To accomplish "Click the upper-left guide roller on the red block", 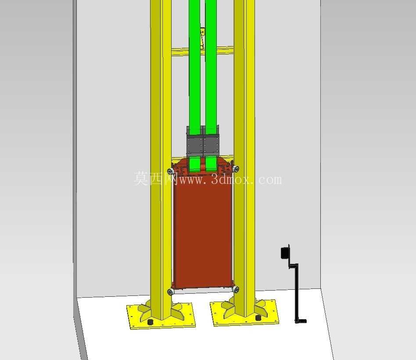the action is (171, 171).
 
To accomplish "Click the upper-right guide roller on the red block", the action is (236, 169).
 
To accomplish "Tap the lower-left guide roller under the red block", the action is (171, 292).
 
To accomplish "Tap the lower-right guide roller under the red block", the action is (235, 290).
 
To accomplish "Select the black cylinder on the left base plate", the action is (151, 322).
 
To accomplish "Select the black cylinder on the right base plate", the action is (257, 317).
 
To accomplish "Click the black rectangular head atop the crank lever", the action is (285, 252).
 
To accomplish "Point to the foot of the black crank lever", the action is (301, 321).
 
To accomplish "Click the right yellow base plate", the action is (244, 313).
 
